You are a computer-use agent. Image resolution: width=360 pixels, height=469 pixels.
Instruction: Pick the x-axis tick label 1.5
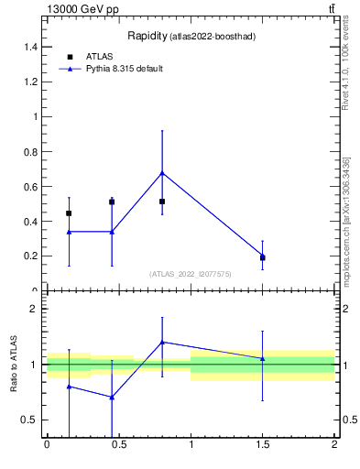click(263, 444)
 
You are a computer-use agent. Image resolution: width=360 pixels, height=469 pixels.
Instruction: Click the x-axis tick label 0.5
click(118, 444)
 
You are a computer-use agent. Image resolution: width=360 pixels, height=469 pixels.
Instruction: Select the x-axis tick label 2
click(334, 444)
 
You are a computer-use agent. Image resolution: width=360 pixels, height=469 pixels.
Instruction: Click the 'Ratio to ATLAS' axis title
click(14, 365)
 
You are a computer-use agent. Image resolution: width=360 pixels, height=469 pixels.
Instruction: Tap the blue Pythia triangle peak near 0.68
click(162, 172)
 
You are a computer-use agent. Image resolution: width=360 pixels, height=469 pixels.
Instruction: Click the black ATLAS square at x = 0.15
click(69, 213)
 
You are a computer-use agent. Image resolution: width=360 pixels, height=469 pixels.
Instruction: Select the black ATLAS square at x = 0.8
click(162, 202)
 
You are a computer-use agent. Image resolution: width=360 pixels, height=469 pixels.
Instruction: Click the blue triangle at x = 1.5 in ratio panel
click(263, 358)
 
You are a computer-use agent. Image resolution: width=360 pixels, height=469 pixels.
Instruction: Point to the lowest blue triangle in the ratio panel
click(112, 397)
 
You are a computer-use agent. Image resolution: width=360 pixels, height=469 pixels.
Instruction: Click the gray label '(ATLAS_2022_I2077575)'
click(191, 274)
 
